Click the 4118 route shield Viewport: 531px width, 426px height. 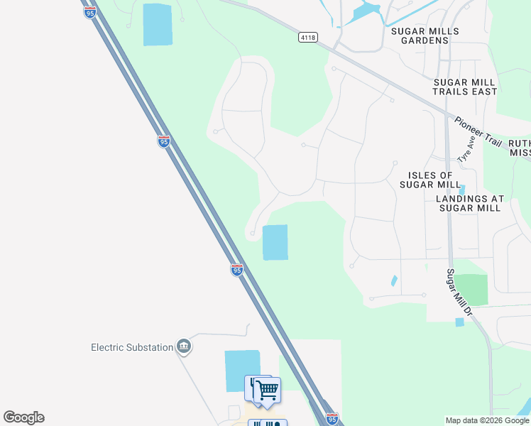[307, 38]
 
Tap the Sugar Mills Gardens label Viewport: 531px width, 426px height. [425, 35]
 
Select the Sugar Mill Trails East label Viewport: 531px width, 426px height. [465, 87]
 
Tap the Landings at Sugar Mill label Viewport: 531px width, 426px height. [471, 203]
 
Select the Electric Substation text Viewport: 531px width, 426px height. [132, 347]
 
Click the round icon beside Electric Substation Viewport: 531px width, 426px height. [184, 346]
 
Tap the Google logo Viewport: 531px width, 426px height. [23, 417]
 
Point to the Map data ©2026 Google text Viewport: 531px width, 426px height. [487, 420]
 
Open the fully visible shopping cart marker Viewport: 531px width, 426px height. [268, 390]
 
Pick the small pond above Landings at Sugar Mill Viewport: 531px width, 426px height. [462, 190]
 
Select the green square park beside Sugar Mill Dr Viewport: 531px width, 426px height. [471, 290]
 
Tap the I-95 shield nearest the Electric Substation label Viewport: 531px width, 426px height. [237, 270]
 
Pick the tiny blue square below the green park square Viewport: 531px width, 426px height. [459, 322]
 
